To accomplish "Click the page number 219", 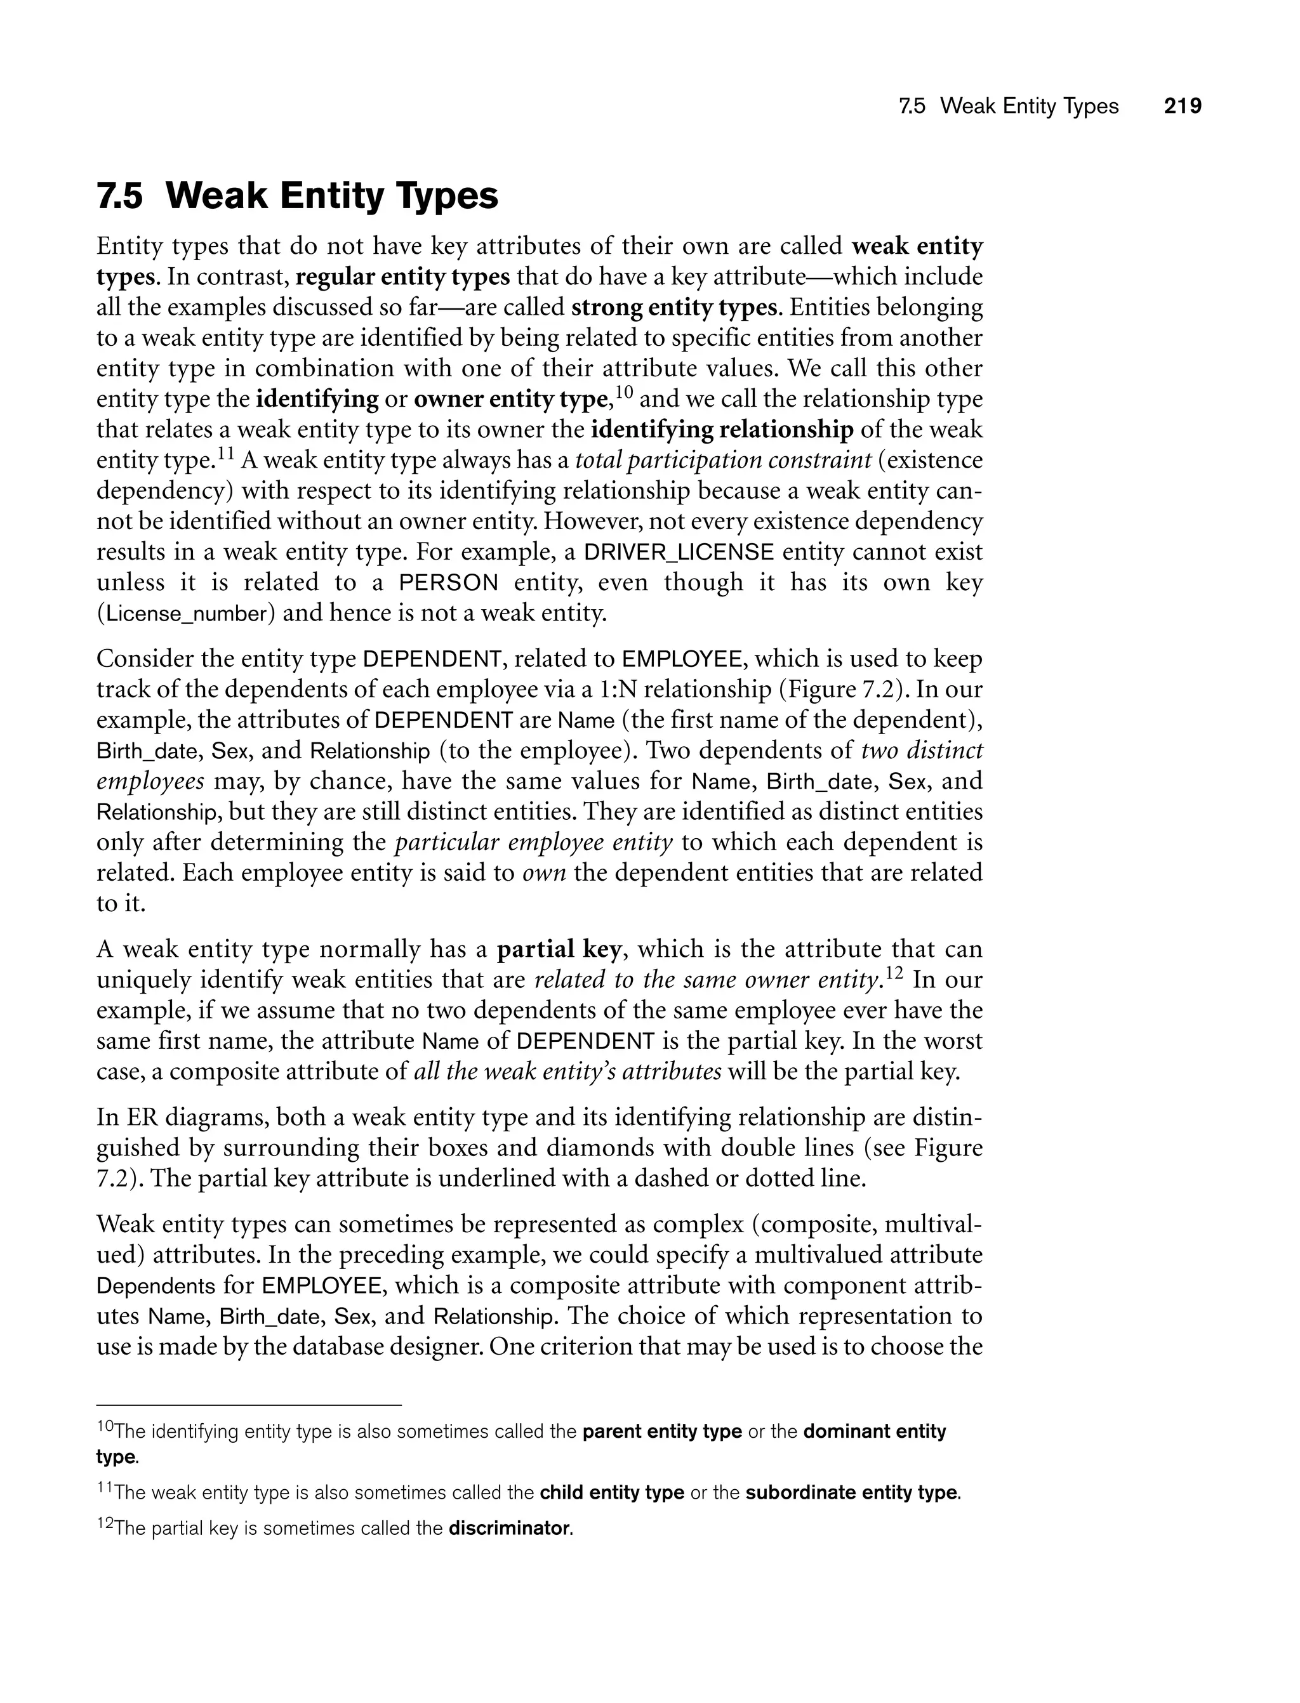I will pyautogui.click(x=1183, y=106).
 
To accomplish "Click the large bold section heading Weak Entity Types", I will pyautogui.click(x=332, y=195).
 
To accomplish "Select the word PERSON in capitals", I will pyautogui.click(x=449, y=582).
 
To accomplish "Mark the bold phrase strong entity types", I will pyautogui.click(x=674, y=308).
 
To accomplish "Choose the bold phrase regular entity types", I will pyautogui.click(x=403, y=277).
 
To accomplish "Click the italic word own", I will pyautogui.click(x=545, y=873).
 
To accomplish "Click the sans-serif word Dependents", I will pyautogui.click(x=156, y=1286).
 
